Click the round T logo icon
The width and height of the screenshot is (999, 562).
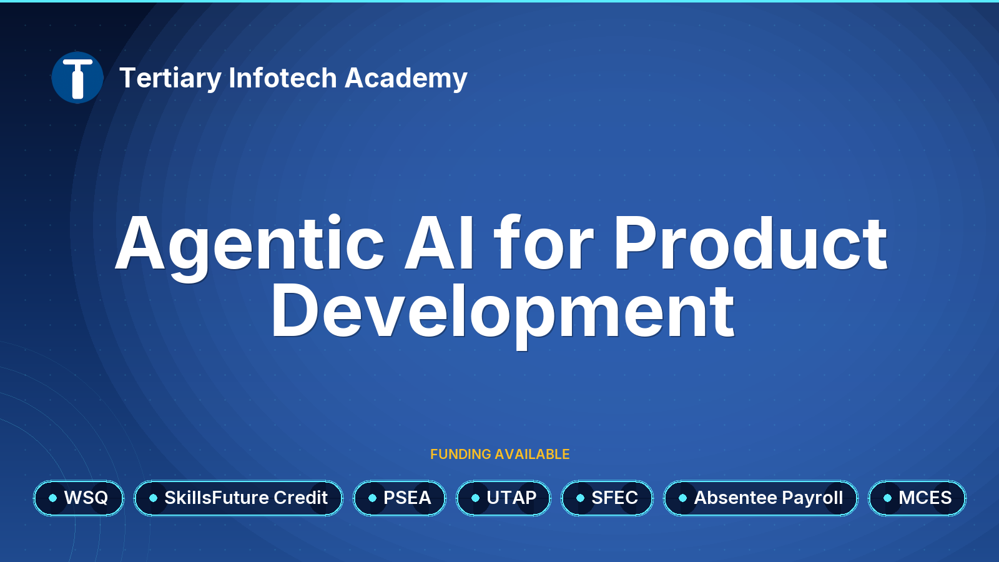[x=77, y=77]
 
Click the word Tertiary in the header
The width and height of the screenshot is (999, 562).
[x=170, y=79]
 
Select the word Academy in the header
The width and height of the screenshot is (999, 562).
[x=406, y=79]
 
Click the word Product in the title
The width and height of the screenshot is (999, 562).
[x=750, y=244]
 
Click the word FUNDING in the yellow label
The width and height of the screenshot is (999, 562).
[x=461, y=454]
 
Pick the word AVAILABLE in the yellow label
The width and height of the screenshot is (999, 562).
[x=532, y=454]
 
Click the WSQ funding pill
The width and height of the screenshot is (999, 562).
[x=79, y=498]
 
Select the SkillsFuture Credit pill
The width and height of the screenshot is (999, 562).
[x=239, y=498]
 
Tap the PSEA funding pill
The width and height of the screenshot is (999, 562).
[x=400, y=498]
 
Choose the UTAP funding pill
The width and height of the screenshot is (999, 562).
[x=503, y=498]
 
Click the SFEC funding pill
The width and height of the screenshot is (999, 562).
[x=607, y=498]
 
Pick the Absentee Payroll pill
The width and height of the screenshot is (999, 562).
[x=761, y=498]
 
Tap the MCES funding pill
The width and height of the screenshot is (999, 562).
[x=917, y=498]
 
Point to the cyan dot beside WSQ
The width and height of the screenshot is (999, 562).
[x=52, y=498]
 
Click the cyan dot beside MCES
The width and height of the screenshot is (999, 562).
[x=887, y=498]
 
